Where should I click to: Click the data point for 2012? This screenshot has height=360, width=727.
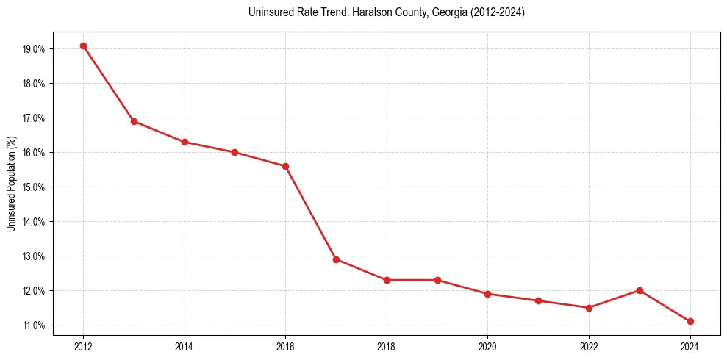pyautogui.click(x=83, y=46)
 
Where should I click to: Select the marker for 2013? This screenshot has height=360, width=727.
pyautogui.click(x=134, y=121)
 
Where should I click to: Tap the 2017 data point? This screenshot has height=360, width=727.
pyautogui.click(x=336, y=259)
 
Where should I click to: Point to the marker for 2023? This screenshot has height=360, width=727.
pyautogui.click(x=640, y=290)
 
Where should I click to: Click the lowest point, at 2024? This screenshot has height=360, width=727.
pyautogui.click(x=690, y=321)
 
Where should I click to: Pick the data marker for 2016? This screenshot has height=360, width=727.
pyautogui.click(x=285, y=166)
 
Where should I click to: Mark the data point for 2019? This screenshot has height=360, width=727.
pyautogui.click(x=437, y=280)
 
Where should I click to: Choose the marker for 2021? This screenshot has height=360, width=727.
pyautogui.click(x=538, y=300)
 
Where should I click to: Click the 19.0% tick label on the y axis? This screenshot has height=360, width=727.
pyautogui.click(x=35, y=49)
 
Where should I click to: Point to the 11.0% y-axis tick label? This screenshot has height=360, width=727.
pyautogui.click(x=35, y=325)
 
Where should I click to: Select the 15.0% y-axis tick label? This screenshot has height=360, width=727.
pyautogui.click(x=35, y=187)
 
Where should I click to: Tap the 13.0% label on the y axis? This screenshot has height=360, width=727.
pyautogui.click(x=35, y=256)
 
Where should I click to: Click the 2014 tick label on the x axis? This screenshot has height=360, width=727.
pyautogui.click(x=185, y=345)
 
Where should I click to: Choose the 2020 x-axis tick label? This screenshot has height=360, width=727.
pyautogui.click(x=487, y=345)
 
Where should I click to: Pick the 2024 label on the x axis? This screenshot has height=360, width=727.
pyautogui.click(x=690, y=345)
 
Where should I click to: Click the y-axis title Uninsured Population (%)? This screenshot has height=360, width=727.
pyautogui.click(x=12, y=184)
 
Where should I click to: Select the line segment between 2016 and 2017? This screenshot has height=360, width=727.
pyautogui.click(x=311, y=213)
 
